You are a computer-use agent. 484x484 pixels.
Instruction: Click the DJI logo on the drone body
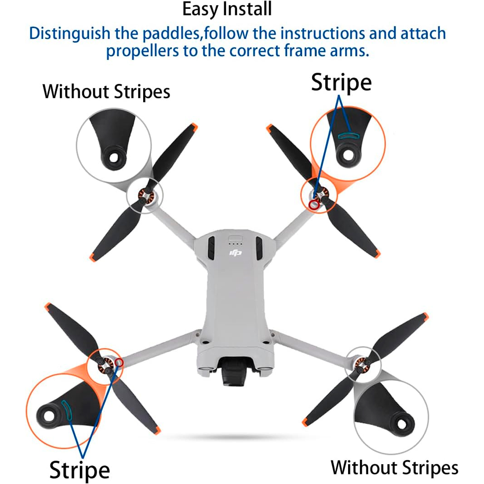[235, 252]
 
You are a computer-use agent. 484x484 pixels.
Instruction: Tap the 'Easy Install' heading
[227, 9]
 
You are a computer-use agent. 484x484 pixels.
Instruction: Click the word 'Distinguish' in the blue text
[70, 33]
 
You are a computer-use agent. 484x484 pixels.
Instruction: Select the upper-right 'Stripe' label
[341, 83]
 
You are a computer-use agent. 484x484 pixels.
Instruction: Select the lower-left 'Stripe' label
[79, 469]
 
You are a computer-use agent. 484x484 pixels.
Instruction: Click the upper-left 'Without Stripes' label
[106, 92]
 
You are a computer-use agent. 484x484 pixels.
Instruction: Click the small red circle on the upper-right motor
[314, 205]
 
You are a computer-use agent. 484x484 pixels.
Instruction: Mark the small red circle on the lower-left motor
[119, 362]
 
